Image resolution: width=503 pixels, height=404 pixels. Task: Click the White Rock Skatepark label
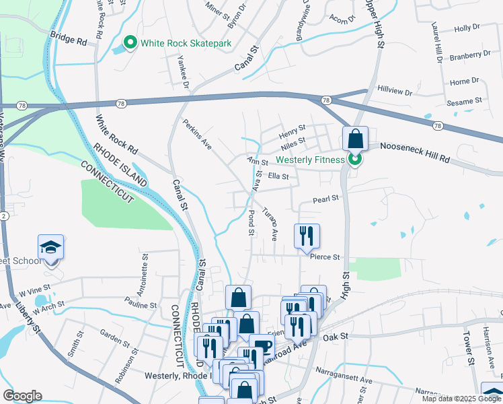coord(186,44)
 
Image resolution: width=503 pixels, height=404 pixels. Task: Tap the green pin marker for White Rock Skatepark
coord(130,44)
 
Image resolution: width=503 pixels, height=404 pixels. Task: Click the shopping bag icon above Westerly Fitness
coord(355,139)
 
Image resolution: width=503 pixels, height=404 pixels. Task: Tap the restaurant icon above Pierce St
coord(307,236)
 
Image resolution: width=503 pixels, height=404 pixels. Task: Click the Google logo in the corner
coord(22,396)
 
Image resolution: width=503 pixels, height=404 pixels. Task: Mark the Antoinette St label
coord(144,269)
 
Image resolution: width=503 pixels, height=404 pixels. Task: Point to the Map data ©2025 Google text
coord(461,399)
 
